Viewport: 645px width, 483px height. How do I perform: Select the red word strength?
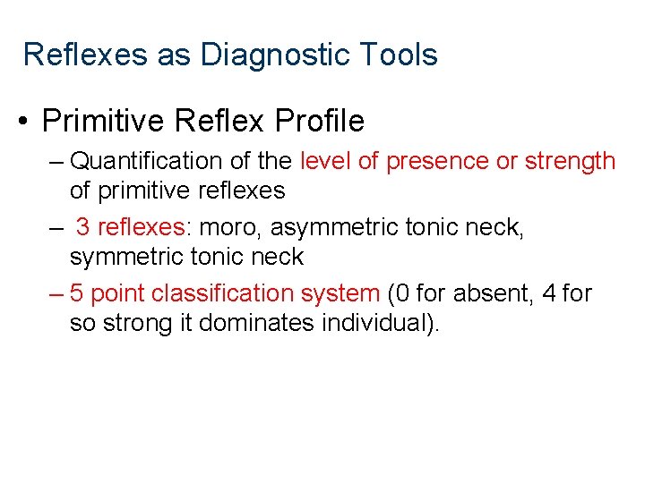570,161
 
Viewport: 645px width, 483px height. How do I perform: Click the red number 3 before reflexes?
82,227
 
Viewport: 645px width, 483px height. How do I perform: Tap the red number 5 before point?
77,293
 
